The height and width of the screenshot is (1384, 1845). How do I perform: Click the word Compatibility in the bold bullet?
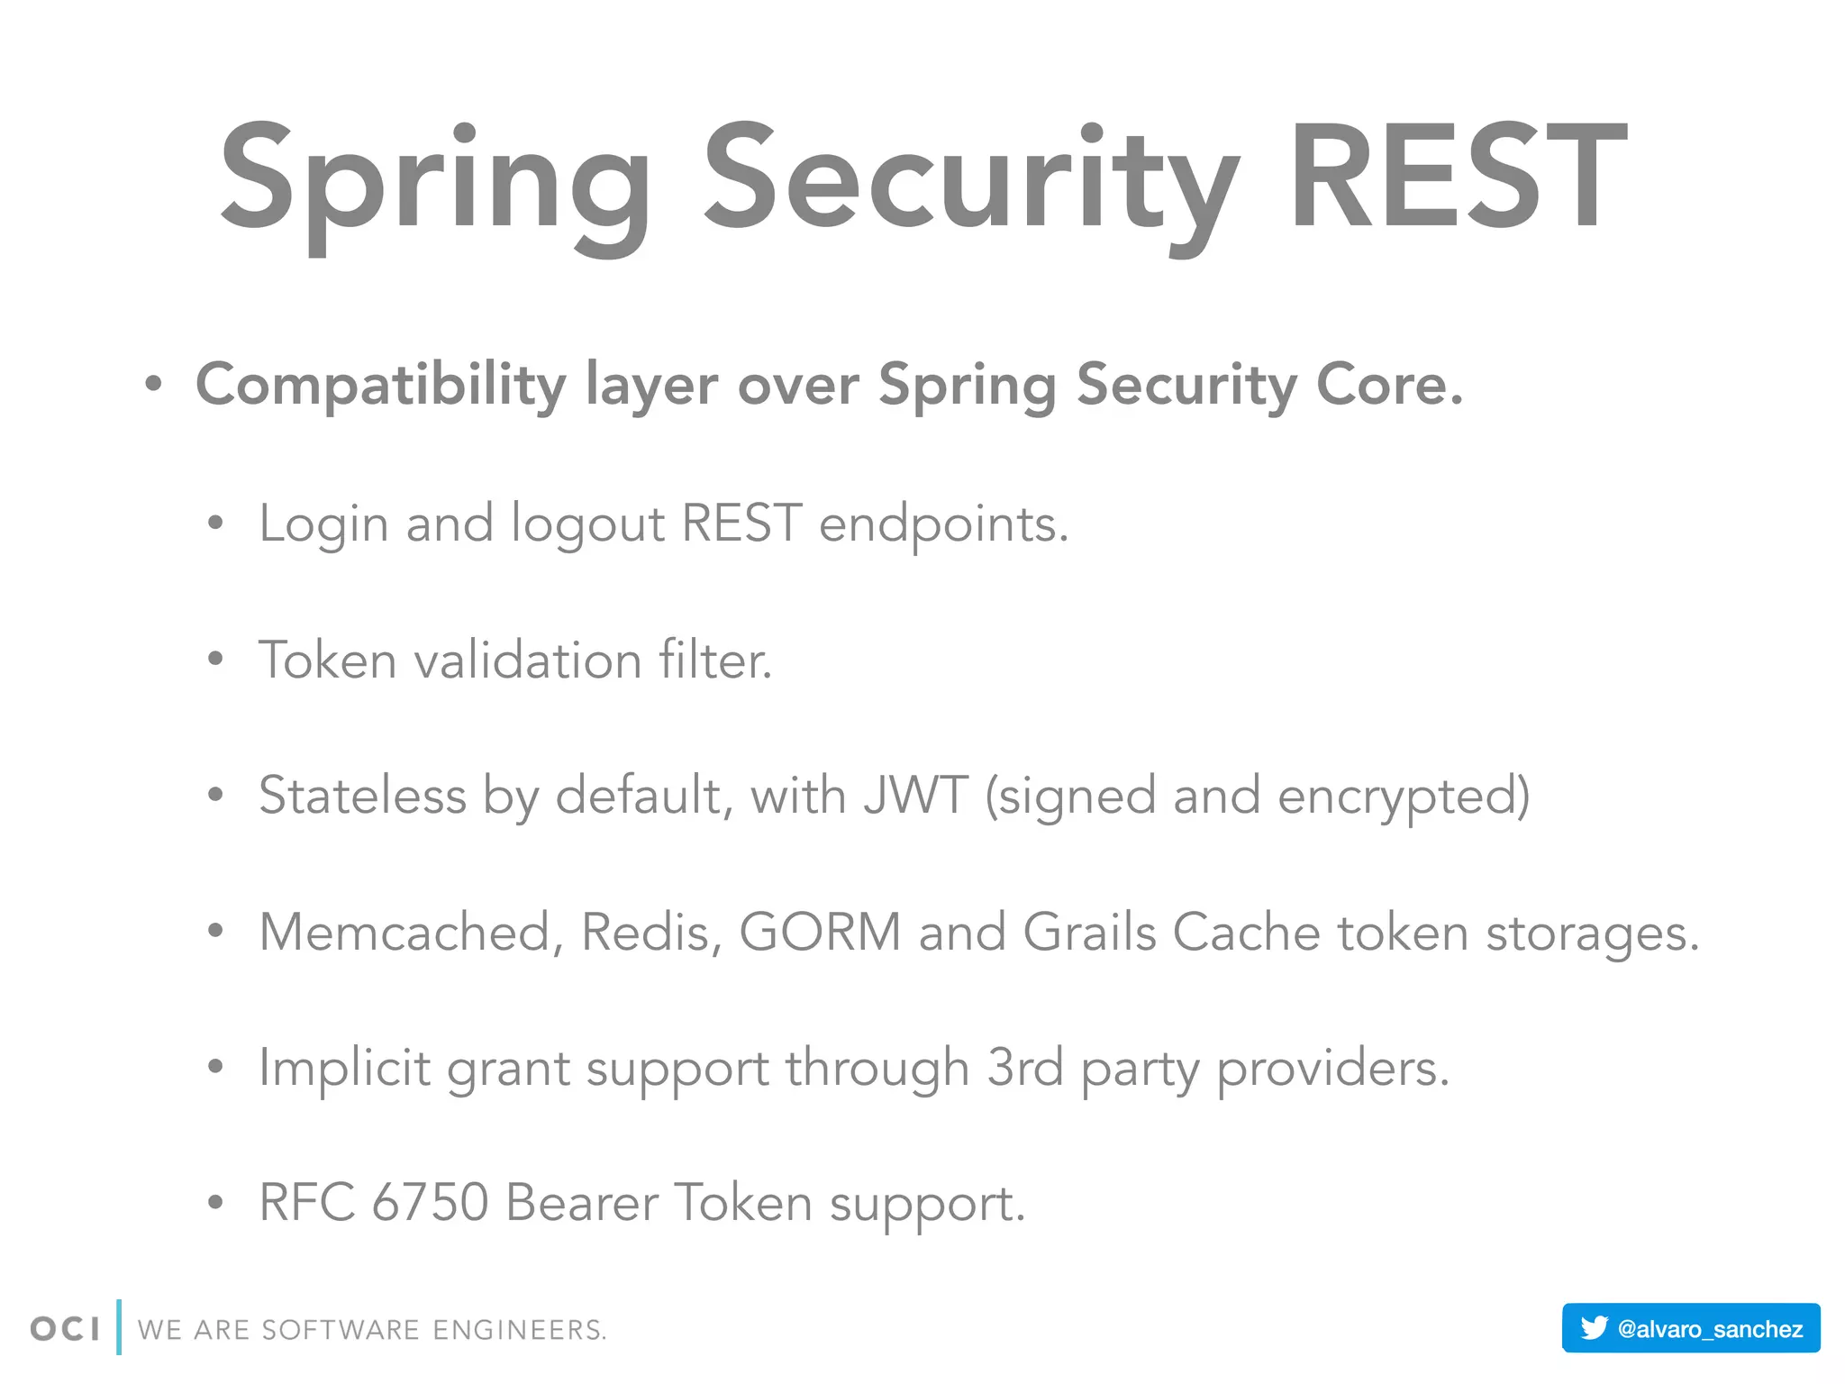click(x=380, y=386)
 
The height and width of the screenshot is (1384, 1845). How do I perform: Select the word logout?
click(x=587, y=524)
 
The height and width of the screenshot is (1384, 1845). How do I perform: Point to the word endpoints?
click(x=942, y=524)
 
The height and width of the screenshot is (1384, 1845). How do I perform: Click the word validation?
click(x=527, y=660)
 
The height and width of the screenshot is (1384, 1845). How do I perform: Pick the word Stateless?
click(x=362, y=797)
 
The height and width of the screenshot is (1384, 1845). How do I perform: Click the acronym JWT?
click(x=915, y=797)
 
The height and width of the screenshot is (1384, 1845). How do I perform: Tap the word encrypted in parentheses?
click(x=1401, y=797)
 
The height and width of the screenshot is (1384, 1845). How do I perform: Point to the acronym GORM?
click(x=820, y=933)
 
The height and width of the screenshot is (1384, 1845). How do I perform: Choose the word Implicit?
click(x=344, y=1069)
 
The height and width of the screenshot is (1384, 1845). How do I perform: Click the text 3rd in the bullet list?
click(x=1025, y=1069)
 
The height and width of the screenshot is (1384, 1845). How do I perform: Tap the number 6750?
click(x=430, y=1204)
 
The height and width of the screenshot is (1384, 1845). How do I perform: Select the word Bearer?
click(x=581, y=1204)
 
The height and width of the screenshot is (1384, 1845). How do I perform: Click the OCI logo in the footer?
click(x=65, y=1329)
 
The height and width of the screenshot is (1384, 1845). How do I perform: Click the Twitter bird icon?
click(x=1594, y=1328)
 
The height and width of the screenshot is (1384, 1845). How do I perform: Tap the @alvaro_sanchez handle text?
click(x=1710, y=1329)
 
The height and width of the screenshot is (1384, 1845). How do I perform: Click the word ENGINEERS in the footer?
click(x=519, y=1330)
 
